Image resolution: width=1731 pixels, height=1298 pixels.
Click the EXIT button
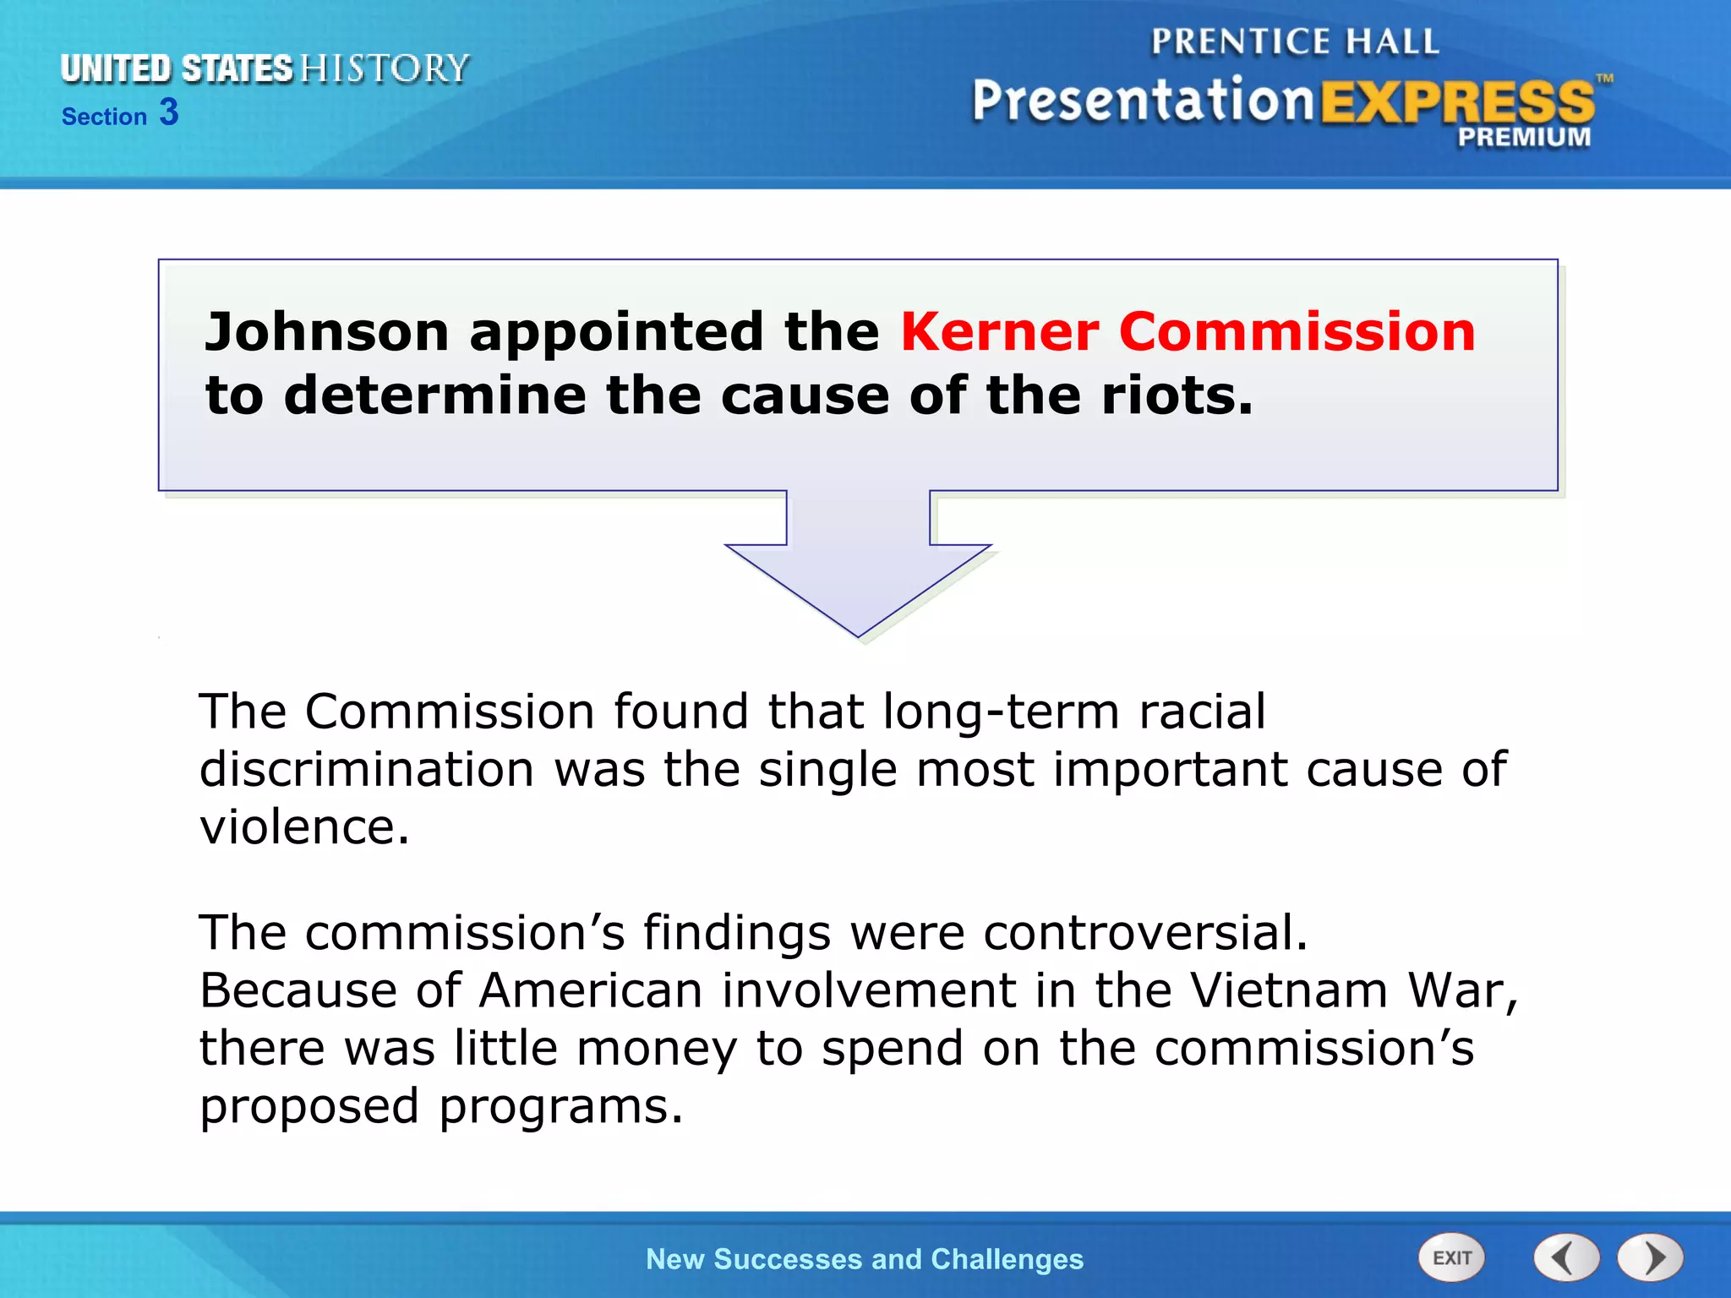[x=1451, y=1257]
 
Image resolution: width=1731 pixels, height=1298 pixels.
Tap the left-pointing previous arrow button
[x=1566, y=1257]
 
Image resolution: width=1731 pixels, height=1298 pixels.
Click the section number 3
[x=169, y=112]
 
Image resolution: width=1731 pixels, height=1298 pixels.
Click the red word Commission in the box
[x=1297, y=331]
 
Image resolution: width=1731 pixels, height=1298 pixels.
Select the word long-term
[x=1001, y=712]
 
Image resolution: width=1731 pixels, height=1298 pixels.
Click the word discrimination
[x=367, y=770]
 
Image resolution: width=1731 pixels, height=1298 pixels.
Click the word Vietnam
[x=1289, y=990]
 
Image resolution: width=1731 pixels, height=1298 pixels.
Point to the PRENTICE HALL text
[x=1295, y=42]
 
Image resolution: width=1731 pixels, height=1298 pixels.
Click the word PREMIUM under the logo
[x=1524, y=137]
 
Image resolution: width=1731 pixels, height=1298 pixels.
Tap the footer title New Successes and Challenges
[x=865, y=1259]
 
